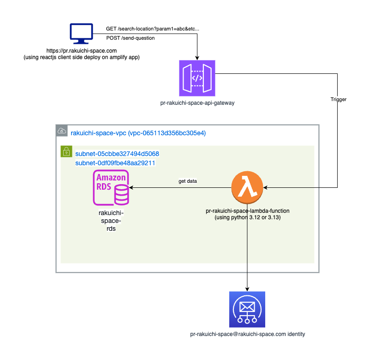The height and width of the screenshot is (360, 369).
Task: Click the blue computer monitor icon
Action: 81,34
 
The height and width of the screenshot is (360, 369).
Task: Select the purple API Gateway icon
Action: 197,78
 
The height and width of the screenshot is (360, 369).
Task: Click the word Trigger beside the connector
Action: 338,99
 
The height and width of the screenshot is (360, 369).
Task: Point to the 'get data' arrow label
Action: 188,181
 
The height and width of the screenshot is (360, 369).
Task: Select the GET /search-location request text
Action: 152,29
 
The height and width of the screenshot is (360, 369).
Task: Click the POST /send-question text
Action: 131,38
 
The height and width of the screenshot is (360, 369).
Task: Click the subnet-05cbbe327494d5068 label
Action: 117,153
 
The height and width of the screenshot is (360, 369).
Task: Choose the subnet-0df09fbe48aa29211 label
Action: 115,163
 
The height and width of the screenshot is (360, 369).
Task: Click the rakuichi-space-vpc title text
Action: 138,133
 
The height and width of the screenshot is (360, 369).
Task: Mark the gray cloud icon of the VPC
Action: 61,131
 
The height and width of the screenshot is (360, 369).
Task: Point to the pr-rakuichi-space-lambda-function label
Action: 248,210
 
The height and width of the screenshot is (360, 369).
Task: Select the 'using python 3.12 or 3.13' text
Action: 248,217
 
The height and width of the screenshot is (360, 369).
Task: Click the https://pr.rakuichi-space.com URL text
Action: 81,50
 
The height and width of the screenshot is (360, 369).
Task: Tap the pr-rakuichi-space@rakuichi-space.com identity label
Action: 248,334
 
